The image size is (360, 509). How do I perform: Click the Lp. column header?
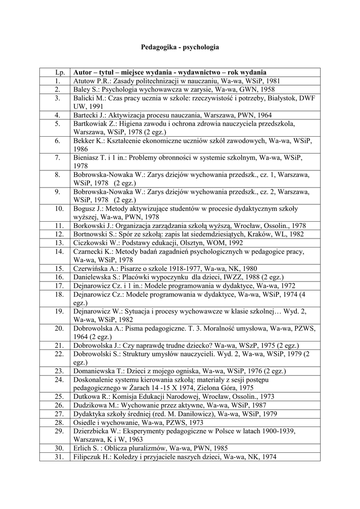tap(58, 72)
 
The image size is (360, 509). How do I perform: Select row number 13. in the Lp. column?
tap(58, 243)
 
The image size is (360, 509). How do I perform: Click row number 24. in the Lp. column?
tap(58, 379)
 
